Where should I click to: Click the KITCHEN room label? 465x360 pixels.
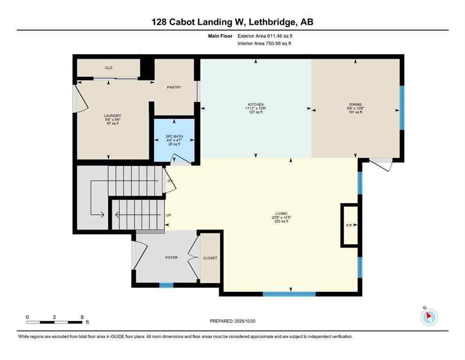click(256, 105)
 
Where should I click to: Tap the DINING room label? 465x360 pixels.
click(355, 105)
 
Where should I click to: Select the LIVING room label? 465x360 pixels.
click(281, 213)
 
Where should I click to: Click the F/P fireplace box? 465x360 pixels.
click(349, 225)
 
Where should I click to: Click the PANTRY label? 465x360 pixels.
click(174, 87)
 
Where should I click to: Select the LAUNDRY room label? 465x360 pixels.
click(112, 116)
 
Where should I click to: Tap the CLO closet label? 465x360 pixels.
click(109, 68)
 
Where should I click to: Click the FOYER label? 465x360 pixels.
click(171, 257)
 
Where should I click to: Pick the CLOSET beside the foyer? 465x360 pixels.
click(210, 258)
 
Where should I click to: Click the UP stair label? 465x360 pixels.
click(168, 216)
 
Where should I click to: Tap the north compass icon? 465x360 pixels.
click(429, 317)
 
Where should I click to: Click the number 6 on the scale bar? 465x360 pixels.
click(82, 317)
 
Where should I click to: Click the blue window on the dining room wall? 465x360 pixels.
click(402, 107)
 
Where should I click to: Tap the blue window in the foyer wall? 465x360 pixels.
click(166, 285)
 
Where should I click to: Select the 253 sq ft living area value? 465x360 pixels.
click(281, 221)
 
